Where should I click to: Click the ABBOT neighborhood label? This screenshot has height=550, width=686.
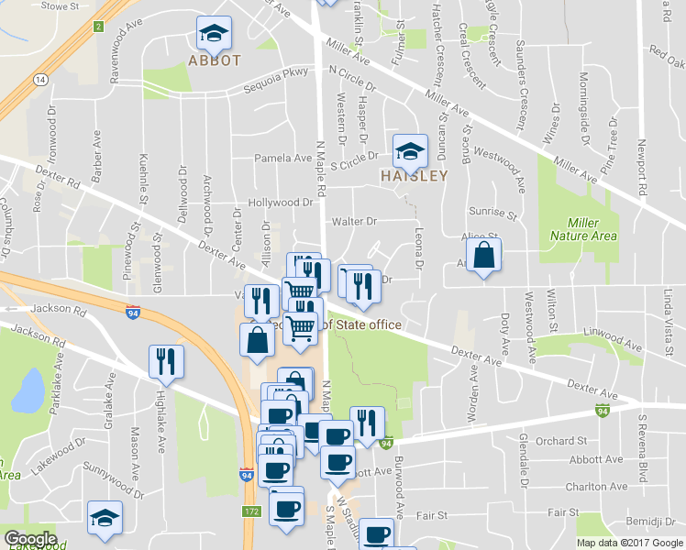(215, 60)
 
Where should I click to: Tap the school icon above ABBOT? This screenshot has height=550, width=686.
(214, 35)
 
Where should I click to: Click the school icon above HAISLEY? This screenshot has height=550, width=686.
(409, 149)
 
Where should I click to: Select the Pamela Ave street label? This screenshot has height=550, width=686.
(282, 158)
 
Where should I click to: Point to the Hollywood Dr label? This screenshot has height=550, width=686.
(281, 203)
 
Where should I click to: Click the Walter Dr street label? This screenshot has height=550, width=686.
(354, 221)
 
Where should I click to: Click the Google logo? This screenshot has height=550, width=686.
(30, 539)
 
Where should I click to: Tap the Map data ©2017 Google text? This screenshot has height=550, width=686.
(629, 543)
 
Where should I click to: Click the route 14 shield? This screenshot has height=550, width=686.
(39, 80)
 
